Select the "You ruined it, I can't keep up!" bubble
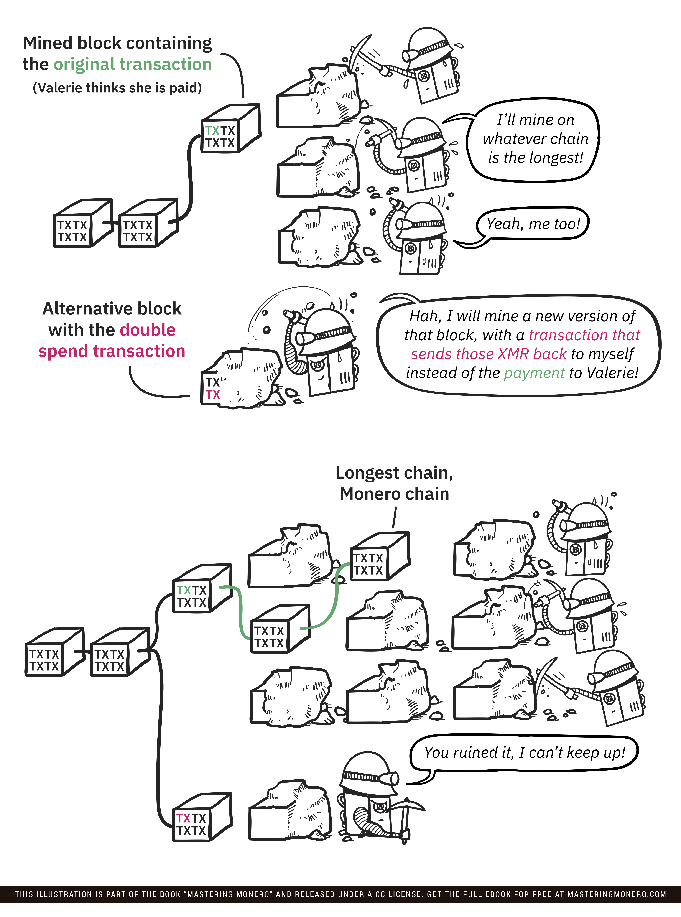(x=524, y=752)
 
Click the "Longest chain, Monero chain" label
(x=395, y=483)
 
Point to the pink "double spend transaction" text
(x=112, y=341)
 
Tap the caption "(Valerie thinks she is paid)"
(x=117, y=88)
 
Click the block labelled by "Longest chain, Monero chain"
(x=379, y=557)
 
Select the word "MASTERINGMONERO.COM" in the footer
(x=616, y=894)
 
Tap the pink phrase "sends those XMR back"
(x=489, y=354)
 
